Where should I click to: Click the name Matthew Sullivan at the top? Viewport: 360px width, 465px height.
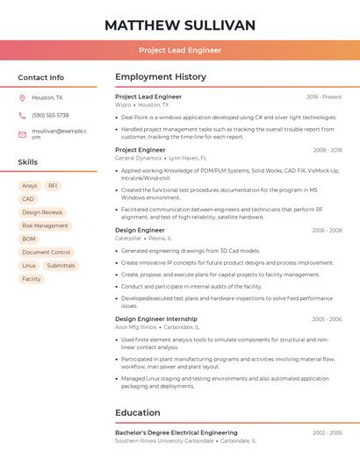click(x=180, y=25)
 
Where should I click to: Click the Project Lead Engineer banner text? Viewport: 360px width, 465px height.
click(x=180, y=50)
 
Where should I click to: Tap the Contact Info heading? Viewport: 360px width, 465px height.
click(x=41, y=77)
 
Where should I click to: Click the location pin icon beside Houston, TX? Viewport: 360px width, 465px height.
click(x=22, y=98)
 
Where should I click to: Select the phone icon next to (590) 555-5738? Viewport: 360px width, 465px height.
click(x=22, y=115)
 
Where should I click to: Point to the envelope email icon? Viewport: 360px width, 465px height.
click(x=22, y=133)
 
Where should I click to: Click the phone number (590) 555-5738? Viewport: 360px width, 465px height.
click(x=50, y=115)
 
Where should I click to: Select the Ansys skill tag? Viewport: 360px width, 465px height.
click(x=30, y=186)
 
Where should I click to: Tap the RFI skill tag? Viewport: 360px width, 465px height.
click(x=53, y=186)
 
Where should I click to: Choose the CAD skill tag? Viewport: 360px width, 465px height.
click(x=28, y=199)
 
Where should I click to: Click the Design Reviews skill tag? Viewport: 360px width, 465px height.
click(x=42, y=212)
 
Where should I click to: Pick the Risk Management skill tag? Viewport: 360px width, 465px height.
click(x=45, y=225)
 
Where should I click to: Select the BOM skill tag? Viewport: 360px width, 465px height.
click(x=29, y=239)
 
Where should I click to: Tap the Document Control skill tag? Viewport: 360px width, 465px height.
click(x=46, y=252)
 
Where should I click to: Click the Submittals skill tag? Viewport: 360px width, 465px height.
click(x=61, y=265)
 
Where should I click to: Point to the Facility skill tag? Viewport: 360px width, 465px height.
click(x=32, y=279)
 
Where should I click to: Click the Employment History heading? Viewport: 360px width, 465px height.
click(x=161, y=77)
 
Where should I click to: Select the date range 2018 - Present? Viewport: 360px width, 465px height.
click(x=324, y=97)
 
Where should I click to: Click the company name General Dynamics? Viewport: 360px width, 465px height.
click(x=139, y=158)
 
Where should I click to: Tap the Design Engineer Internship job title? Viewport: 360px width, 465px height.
click(x=156, y=318)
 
